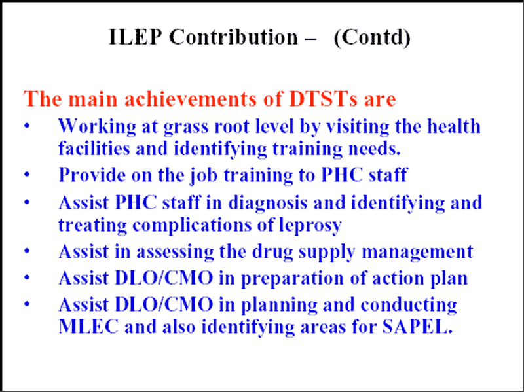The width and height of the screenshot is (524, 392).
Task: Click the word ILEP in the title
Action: coord(135,37)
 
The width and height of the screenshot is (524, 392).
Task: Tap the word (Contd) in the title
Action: coord(372,37)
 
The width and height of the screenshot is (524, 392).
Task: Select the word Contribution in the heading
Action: coord(233,37)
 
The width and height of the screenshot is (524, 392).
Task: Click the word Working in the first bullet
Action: coord(97,127)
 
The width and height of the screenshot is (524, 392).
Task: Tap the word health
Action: coord(454,126)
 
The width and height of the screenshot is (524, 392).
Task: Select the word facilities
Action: coord(94,148)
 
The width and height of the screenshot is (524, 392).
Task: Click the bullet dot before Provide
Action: coord(28,175)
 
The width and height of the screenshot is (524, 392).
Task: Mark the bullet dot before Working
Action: coord(28,126)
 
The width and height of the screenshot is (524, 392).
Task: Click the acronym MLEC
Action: coord(88,326)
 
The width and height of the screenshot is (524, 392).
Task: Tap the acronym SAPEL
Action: coord(417,326)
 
